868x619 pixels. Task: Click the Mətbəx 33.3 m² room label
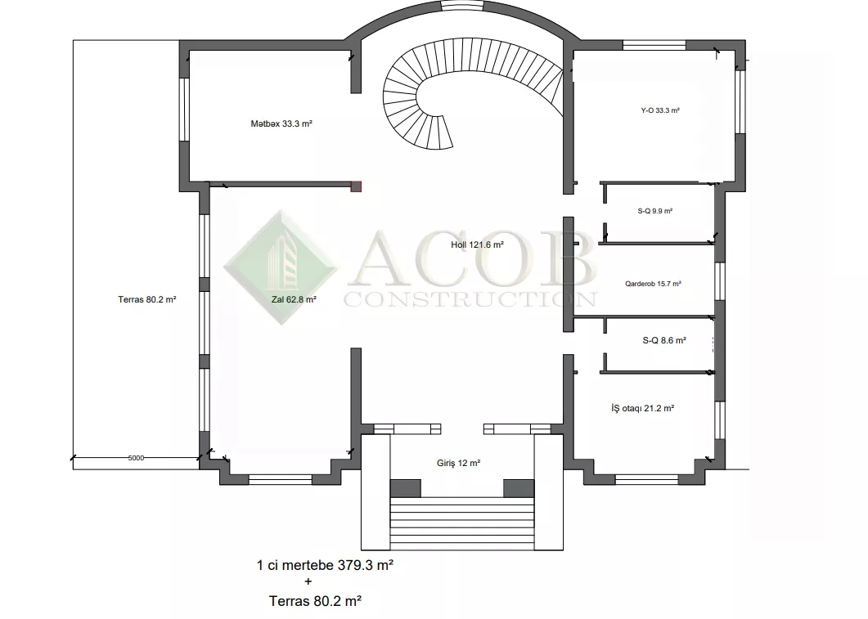tap(281, 124)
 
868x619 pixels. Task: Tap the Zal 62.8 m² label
tap(294, 299)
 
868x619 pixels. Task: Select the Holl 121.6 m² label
tap(477, 244)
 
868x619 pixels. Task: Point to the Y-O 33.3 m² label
tap(660, 110)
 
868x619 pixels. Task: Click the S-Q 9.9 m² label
tap(654, 211)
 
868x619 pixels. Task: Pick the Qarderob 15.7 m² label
tap(653, 284)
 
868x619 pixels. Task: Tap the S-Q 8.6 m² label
tap(664, 340)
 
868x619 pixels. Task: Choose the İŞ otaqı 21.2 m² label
tap(643, 408)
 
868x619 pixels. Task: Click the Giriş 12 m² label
tap(458, 463)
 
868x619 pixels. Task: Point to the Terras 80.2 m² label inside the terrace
tap(146, 299)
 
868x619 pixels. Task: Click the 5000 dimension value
tap(136, 458)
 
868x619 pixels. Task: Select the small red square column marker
tap(356, 186)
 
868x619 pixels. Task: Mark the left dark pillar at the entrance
tap(405, 488)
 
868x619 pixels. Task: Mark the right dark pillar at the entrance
tap(519, 488)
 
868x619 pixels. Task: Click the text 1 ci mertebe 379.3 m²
tap(325, 565)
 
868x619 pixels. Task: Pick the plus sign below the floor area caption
tap(308, 582)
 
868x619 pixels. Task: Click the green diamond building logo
tap(281, 267)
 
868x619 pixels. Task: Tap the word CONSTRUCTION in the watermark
tap(470, 299)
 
